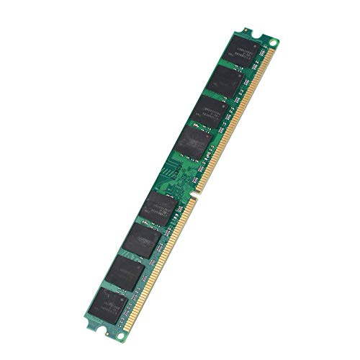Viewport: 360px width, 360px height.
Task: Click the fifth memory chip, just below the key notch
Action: click(160, 207)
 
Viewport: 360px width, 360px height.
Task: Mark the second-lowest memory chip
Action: click(127, 271)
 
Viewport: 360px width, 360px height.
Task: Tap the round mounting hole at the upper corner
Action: click(273, 44)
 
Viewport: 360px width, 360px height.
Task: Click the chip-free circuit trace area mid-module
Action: click(180, 173)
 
